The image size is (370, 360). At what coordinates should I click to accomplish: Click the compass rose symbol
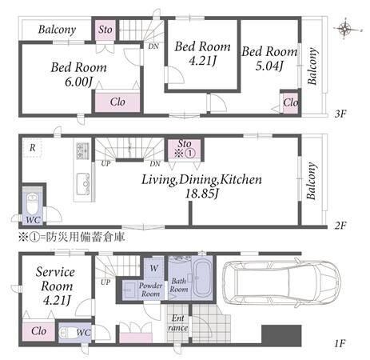tap(345, 29)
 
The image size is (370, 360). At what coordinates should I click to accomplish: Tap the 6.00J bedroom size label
tap(78, 82)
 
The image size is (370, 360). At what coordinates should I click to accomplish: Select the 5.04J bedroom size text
tap(269, 66)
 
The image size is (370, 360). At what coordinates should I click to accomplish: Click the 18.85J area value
tap(201, 194)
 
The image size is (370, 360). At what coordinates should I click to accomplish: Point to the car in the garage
tap(282, 282)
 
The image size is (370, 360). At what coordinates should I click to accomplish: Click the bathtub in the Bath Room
tap(202, 279)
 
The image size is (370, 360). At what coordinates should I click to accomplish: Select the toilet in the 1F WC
tap(67, 333)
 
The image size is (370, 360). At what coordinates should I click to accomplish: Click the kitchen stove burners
tap(83, 150)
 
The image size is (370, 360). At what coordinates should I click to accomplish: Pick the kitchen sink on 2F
tap(83, 184)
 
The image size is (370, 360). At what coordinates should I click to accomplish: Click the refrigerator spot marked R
tap(32, 147)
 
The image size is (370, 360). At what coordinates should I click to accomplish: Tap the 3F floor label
tap(340, 114)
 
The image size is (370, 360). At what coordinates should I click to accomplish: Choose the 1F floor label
tap(340, 343)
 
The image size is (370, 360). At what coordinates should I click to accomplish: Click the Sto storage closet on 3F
tap(105, 30)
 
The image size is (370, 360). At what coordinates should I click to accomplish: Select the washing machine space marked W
tap(154, 268)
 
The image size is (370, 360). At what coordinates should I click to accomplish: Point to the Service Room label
tap(56, 279)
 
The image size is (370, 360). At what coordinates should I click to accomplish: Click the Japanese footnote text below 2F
tap(71, 237)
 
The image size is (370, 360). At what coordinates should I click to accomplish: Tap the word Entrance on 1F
tap(177, 322)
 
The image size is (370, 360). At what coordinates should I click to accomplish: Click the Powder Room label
tap(150, 290)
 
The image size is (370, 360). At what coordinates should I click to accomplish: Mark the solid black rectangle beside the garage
tap(281, 335)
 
